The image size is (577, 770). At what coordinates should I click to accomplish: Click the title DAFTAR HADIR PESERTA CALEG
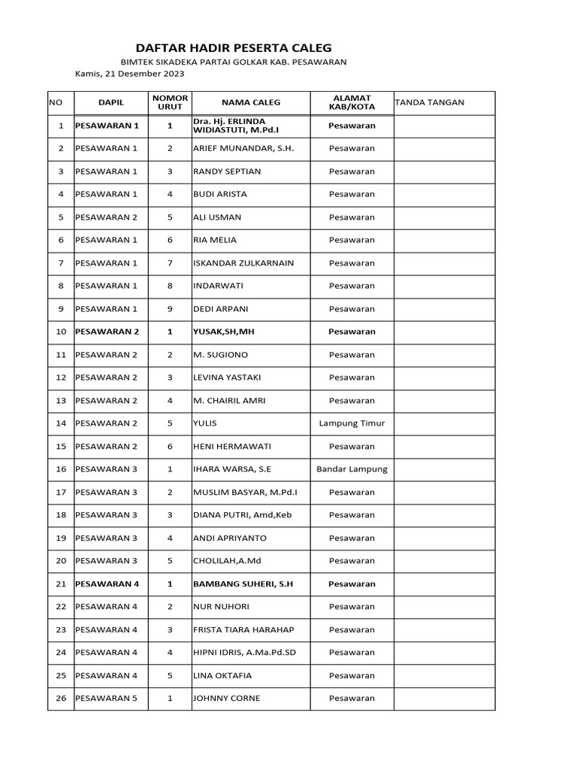tap(233, 47)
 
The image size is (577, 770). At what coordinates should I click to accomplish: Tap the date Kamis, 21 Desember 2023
tap(129, 74)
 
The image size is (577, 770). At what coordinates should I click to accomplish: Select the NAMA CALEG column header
tap(250, 103)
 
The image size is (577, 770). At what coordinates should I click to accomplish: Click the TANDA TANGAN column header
tap(430, 103)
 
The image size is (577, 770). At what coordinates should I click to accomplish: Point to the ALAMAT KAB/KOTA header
tap(352, 103)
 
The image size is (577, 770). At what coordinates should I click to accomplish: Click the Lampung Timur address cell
tap(352, 423)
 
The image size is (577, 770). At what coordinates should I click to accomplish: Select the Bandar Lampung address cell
tap(352, 469)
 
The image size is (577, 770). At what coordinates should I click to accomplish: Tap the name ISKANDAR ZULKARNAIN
tap(243, 263)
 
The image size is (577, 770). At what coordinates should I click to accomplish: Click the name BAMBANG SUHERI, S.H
tap(243, 584)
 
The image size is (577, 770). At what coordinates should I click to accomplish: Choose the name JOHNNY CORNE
tap(227, 699)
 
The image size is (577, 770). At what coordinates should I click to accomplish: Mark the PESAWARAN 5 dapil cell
tap(107, 699)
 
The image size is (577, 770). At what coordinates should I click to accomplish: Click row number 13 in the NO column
tap(61, 401)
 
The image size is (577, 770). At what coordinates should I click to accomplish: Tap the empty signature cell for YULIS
tap(444, 423)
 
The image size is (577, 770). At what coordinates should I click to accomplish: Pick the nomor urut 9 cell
tap(170, 309)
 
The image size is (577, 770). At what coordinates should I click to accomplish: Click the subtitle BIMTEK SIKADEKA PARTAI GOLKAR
tap(234, 62)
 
